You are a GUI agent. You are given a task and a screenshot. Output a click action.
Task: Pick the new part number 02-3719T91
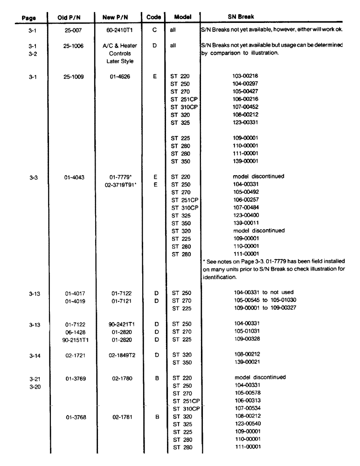(117, 184)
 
